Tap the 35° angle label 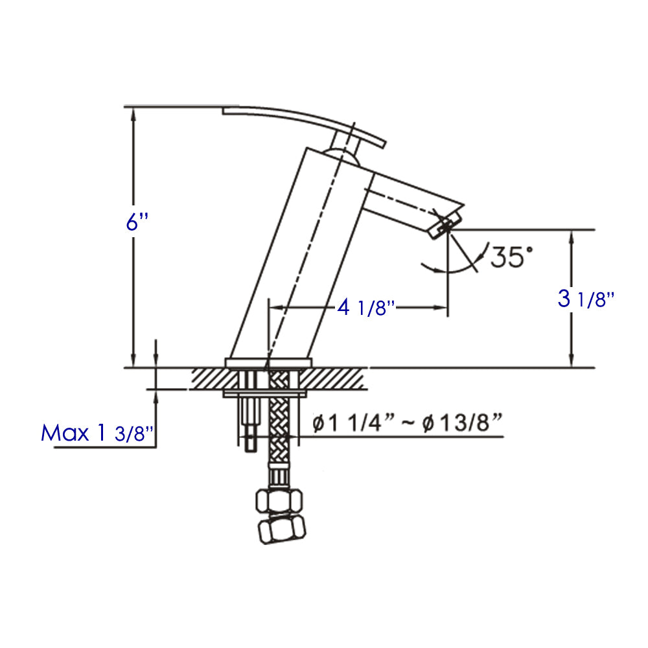[511, 256]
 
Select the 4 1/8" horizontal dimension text [365, 307]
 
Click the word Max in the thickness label [65, 433]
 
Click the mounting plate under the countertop [266, 393]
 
